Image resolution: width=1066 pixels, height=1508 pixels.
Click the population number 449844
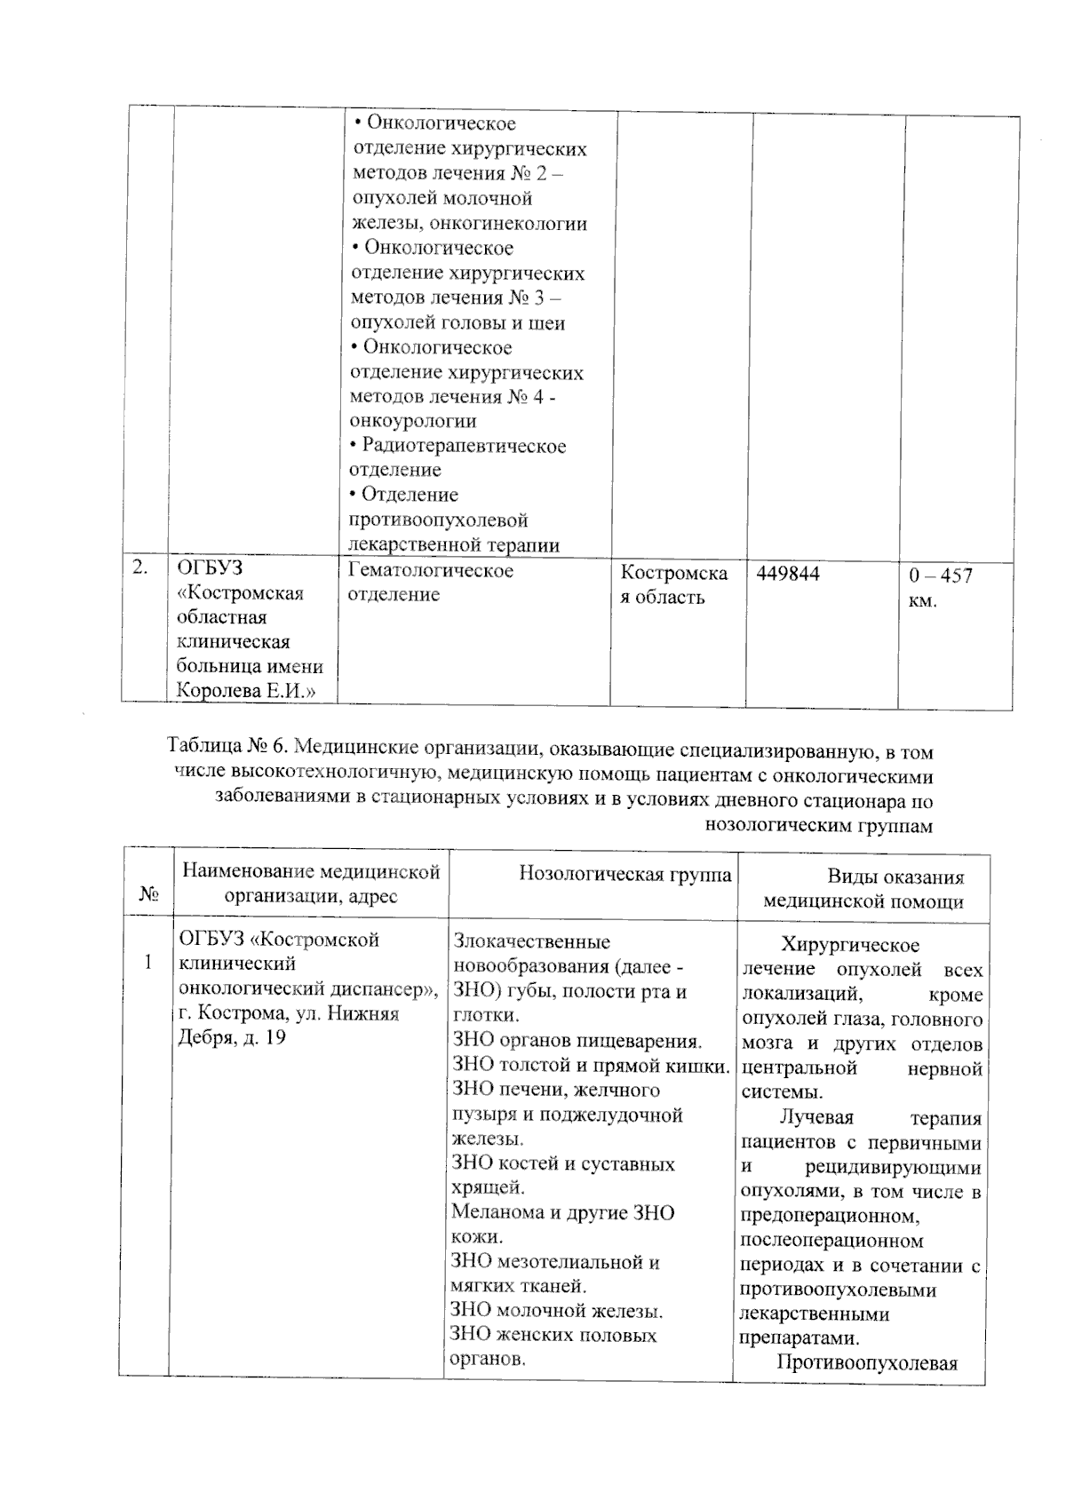click(788, 575)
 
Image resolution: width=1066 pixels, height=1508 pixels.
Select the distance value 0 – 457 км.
click(940, 588)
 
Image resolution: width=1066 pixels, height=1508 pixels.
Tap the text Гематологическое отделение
click(432, 582)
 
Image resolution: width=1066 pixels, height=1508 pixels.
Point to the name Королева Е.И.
click(247, 690)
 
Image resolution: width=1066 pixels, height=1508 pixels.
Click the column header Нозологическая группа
click(625, 875)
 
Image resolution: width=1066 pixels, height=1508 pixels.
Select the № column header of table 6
click(149, 895)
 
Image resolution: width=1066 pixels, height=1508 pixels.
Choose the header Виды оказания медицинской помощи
click(863, 889)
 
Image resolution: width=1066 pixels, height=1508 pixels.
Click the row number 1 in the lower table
click(148, 963)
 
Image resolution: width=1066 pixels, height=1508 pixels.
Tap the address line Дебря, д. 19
click(233, 1036)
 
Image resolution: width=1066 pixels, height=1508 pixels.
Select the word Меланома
click(497, 1212)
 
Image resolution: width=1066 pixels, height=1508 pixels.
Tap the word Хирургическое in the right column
click(850, 945)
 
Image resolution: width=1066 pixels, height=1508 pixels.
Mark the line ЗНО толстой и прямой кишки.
click(591, 1066)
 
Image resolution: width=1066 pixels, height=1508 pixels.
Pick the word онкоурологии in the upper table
click(413, 421)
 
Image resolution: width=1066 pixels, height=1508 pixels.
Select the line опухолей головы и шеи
click(457, 322)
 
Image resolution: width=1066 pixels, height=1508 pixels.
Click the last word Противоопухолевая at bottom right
click(867, 1363)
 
